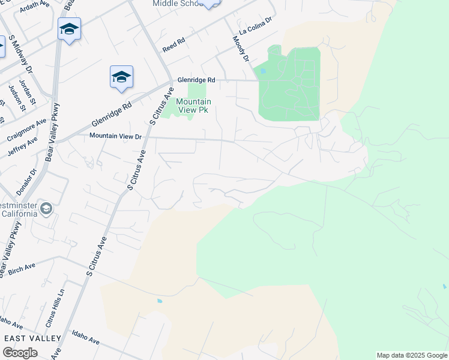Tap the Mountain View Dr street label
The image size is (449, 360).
tap(115, 136)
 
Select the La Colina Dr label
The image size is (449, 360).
tap(255, 27)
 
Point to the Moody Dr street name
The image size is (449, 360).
tap(241, 48)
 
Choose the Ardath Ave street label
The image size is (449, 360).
tap(34, 5)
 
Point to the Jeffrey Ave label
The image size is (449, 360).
tap(23, 146)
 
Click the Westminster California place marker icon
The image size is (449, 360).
tap(47, 208)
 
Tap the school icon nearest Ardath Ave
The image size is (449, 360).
tap(69, 29)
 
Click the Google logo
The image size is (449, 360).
tap(19, 353)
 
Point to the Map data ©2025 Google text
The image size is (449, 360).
tap(412, 355)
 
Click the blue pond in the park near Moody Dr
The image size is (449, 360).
tap(263, 71)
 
